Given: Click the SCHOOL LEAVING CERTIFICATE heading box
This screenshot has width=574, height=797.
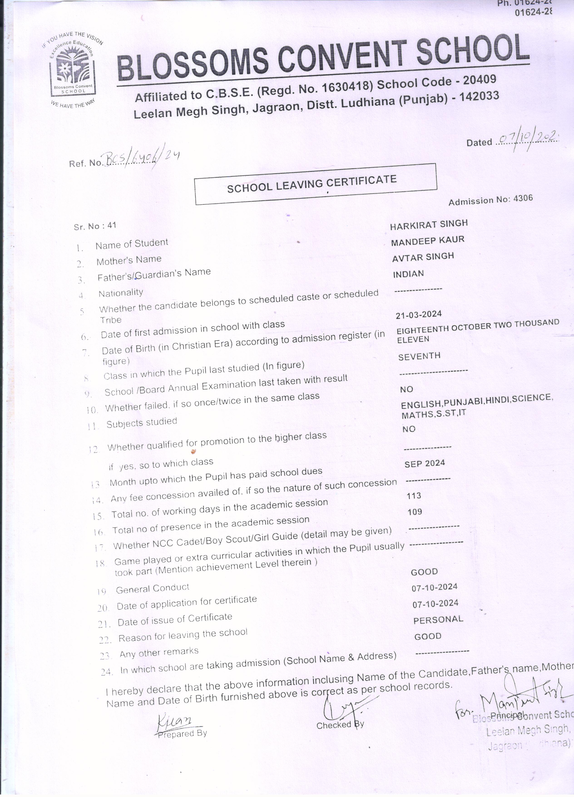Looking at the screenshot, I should point(315,184).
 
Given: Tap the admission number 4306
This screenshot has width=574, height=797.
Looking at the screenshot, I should point(523,198).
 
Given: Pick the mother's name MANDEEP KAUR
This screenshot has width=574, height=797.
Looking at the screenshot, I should point(428,241).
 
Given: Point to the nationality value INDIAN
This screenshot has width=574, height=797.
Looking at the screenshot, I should point(408,274).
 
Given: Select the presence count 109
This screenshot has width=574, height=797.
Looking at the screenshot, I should point(415,512).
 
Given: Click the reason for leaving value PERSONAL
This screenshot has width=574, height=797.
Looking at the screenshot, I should point(438,620).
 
